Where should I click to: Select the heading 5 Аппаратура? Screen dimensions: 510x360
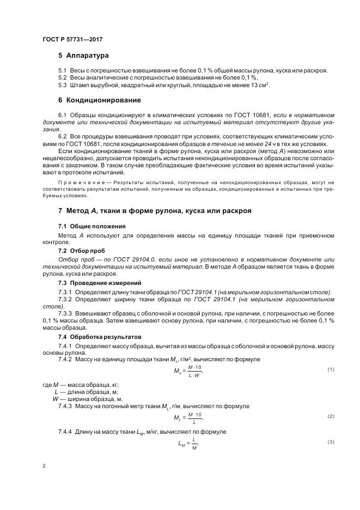tap(83, 56)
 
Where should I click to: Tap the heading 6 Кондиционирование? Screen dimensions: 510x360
tap(100, 100)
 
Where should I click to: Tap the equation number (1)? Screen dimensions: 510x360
tap(331, 370)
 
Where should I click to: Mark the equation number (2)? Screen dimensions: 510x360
tap(331, 416)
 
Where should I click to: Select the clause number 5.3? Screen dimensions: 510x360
tap(63, 85)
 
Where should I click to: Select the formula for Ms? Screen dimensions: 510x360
tap(188, 372)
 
